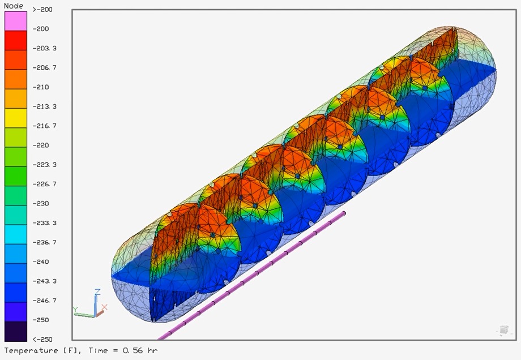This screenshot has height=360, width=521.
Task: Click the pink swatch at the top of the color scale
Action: (16, 21)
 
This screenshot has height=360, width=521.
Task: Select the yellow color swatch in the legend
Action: (16, 118)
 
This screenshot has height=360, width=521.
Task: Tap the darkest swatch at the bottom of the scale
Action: (16, 331)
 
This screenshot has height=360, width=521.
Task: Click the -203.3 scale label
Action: (45, 48)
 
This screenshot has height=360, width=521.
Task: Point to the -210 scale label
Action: (41, 87)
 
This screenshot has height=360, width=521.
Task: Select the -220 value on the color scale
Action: (41, 145)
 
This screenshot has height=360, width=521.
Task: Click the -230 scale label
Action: (41, 203)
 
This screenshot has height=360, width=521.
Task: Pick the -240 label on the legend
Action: (41, 262)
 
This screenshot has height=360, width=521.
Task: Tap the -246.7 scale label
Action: (45, 301)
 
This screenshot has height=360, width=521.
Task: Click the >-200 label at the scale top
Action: (42, 10)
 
